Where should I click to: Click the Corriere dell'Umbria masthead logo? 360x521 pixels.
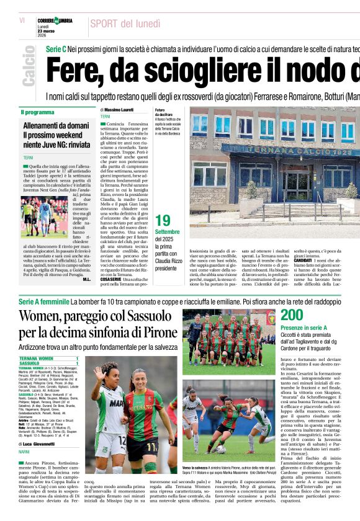click(x=55, y=21)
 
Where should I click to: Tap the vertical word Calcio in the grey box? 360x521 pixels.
click(x=29, y=66)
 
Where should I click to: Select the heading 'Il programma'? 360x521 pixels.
click(x=38, y=112)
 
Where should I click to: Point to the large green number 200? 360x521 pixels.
click(x=292, y=315)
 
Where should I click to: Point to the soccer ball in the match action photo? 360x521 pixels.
click(x=221, y=448)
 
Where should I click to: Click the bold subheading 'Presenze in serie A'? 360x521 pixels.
click(x=302, y=327)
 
